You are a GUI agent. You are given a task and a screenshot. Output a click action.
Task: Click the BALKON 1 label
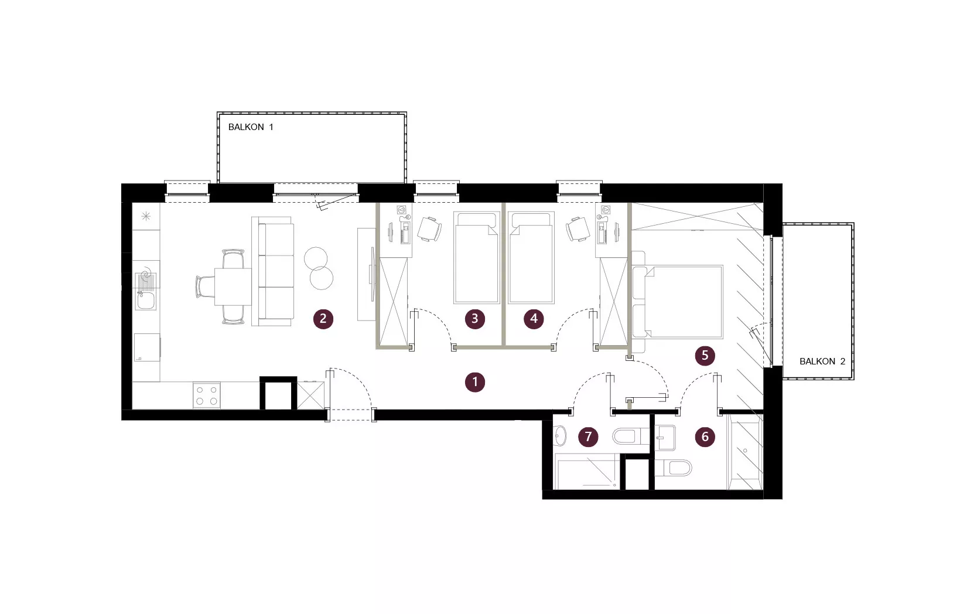pyautogui.click(x=250, y=127)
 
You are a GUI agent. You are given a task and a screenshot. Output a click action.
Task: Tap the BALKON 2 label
pyautogui.click(x=822, y=361)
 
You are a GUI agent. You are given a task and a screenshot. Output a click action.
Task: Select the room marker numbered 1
pyautogui.click(x=475, y=382)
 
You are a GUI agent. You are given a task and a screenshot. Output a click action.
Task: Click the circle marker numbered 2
pyautogui.click(x=323, y=319)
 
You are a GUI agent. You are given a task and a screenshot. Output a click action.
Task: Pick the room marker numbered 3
pyautogui.click(x=475, y=319)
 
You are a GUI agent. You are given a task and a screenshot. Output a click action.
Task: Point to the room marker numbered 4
pyautogui.click(x=534, y=319)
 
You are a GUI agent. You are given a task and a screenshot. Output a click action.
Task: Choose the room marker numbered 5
pyautogui.click(x=705, y=356)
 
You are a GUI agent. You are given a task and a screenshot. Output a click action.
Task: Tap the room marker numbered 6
pyautogui.click(x=705, y=437)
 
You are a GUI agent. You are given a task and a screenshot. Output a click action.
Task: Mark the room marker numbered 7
pyautogui.click(x=588, y=436)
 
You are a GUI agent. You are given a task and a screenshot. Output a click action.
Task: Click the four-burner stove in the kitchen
pyautogui.click(x=207, y=395)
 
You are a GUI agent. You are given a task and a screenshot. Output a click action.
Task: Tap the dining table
pyautogui.click(x=233, y=286)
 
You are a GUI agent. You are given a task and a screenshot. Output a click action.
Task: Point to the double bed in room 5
pyautogui.click(x=678, y=302)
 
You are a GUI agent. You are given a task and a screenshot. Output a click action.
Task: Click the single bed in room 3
pyautogui.click(x=477, y=258)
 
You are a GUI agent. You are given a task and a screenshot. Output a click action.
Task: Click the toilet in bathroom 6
pyautogui.click(x=674, y=468)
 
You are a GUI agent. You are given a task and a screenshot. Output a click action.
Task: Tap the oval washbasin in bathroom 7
pyautogui.click(x=560, y=436)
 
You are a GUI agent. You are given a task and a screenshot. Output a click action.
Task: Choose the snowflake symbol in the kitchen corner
pyautogui.click(x=146, y=216)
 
